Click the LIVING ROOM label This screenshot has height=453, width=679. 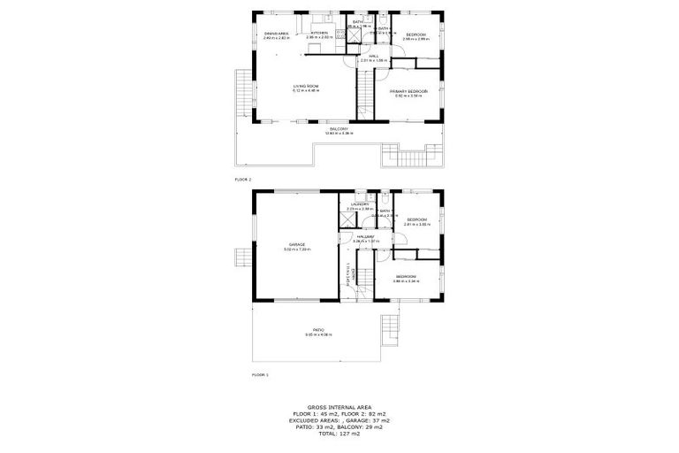tap(306, 85)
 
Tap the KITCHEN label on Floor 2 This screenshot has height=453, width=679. tap(318, 34)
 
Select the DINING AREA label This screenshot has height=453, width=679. tap(276, 34)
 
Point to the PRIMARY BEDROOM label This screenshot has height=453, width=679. tap(409, 90)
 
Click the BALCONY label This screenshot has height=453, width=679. tap(338, 128)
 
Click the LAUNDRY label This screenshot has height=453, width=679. tap(359, 204)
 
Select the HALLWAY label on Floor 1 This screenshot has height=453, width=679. tap(365, 236)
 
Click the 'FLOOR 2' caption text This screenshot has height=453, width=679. tap(243, 180)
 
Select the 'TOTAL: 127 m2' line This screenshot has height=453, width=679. tap(339, 434)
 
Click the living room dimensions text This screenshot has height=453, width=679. tap(306, 90)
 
